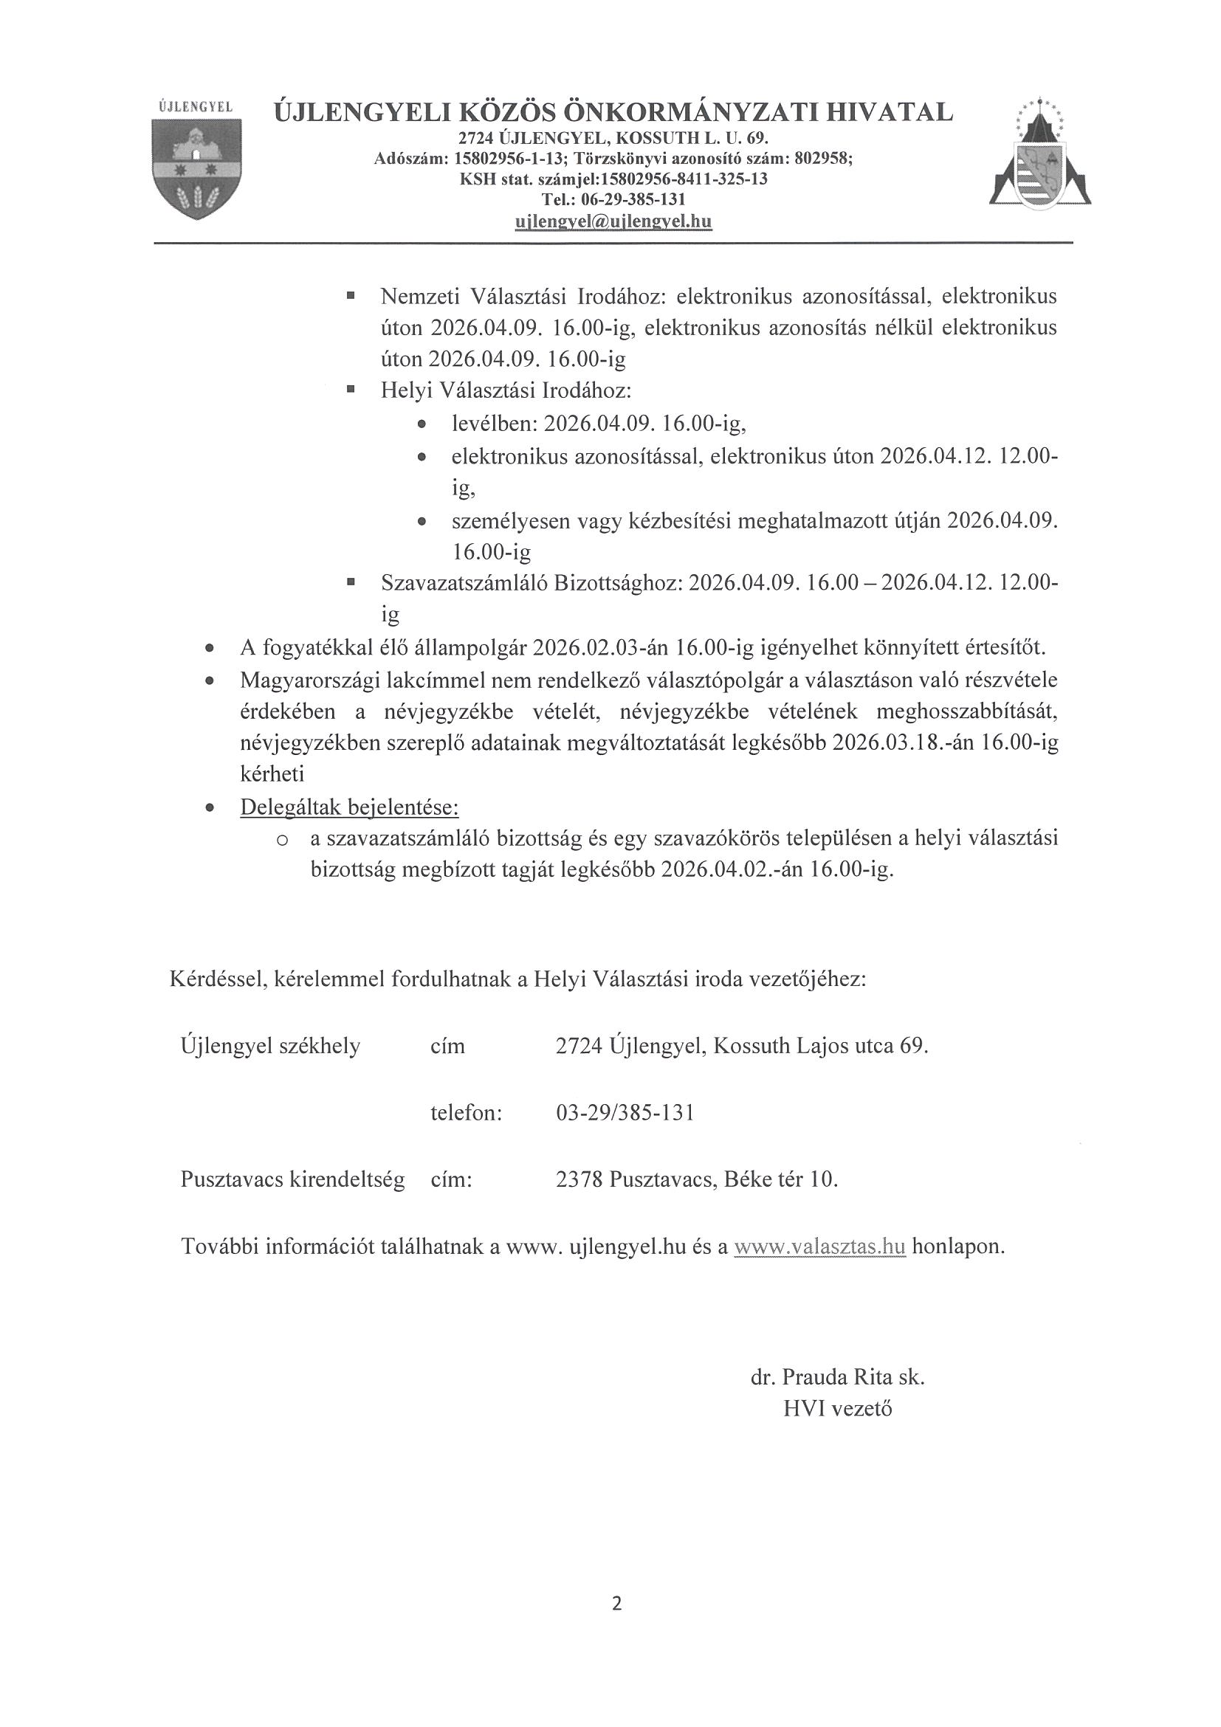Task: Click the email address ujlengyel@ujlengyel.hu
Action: (x=613, y=222)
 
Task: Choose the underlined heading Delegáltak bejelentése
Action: (x=349, y=807)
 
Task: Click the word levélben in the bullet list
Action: (x=494, y=424)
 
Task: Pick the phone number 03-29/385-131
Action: (x=625, y=1112)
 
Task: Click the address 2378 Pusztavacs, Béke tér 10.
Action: (x=697, y=1179)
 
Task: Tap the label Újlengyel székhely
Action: (x=270, y=1047)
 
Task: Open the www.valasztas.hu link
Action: (x=819, y=1246)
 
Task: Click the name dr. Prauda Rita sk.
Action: (x=837, y=1377)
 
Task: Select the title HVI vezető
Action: (x=837, y=1409)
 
